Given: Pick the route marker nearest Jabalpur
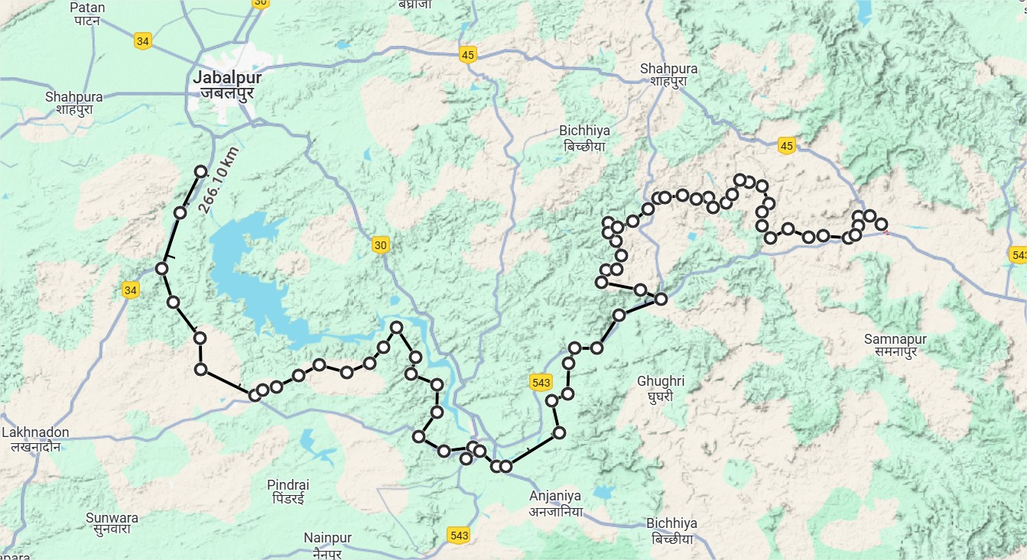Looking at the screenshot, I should [x=201, y=172].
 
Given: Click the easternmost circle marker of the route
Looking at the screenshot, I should [x=882, y=224].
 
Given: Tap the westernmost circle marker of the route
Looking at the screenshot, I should [x=161, y=268].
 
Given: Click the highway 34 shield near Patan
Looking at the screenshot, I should [x=141, y=41].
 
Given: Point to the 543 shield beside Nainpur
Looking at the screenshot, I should [x=459, y=536].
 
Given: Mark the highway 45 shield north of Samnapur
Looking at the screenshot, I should [x=786, y=145].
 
